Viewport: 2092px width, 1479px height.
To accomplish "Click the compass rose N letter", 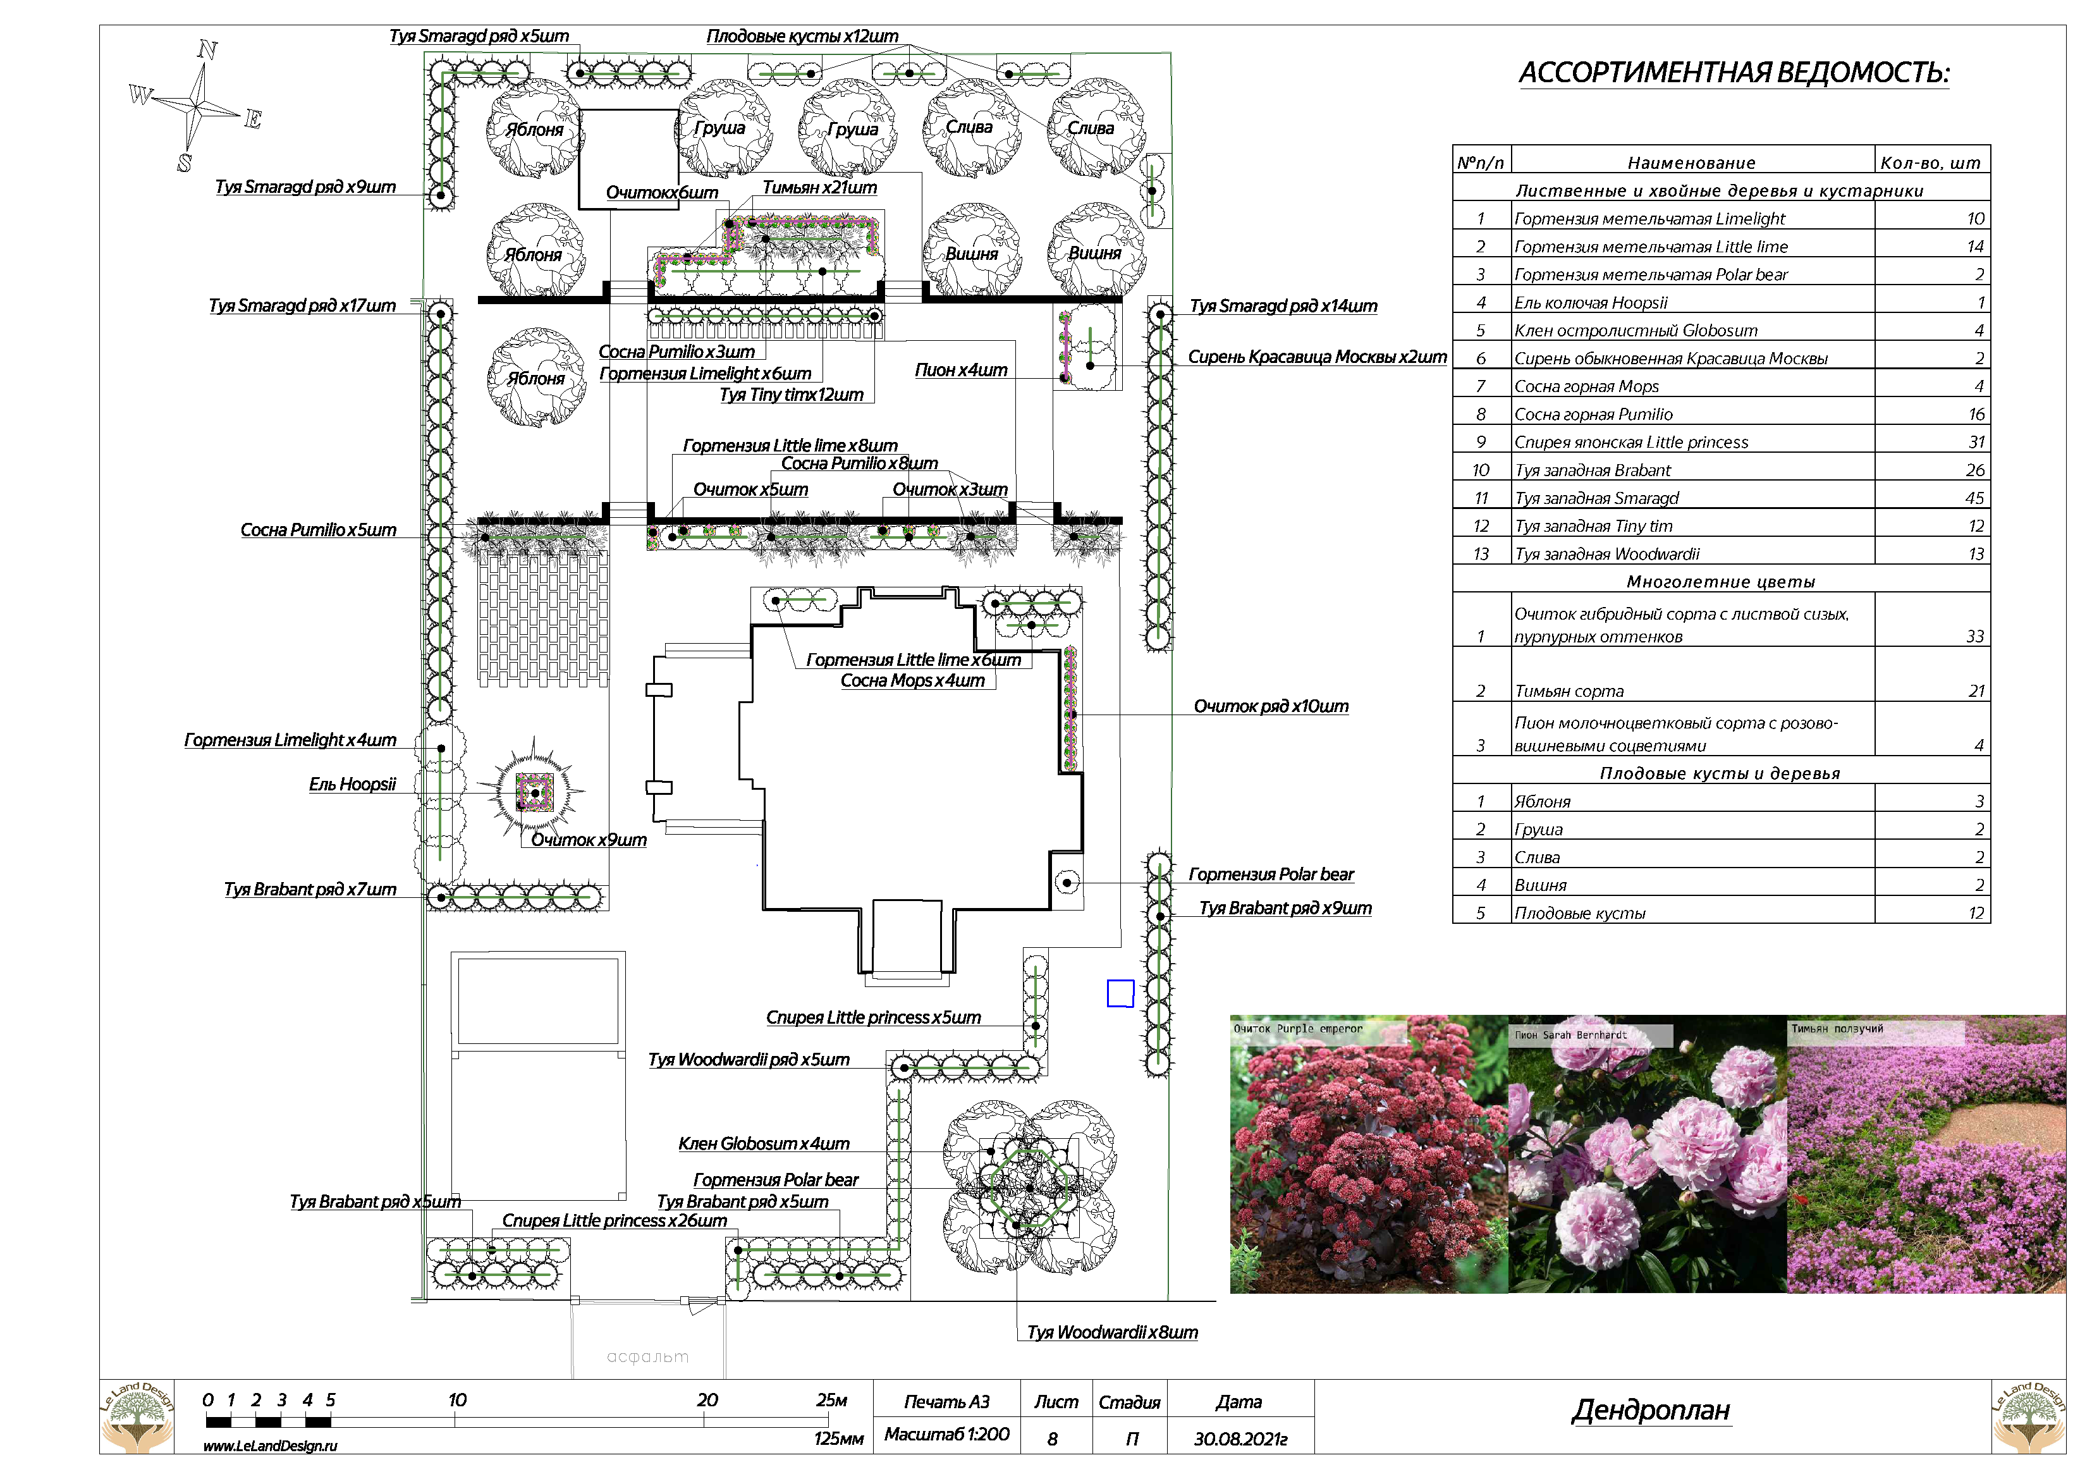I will [208, 49].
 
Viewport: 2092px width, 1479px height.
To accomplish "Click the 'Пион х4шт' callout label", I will [960, 370].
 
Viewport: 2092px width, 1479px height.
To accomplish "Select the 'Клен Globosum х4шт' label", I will [764, 1144].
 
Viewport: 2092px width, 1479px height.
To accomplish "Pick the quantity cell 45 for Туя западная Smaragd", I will [1974, 498].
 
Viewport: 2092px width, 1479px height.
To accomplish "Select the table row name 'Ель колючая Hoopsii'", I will [1590, 302].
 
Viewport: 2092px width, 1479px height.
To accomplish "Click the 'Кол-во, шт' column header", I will [1930, 163].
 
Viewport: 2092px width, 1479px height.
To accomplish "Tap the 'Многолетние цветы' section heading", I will [1720, 581].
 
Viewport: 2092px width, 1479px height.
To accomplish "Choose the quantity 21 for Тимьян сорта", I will [1976, 690].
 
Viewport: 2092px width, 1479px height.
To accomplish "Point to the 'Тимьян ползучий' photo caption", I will [1836, 1029].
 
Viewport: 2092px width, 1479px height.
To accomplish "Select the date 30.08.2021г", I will [1240, 1439].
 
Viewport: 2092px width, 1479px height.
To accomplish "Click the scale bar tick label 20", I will [707, 1400].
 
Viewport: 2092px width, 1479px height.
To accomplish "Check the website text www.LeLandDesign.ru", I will [270, 1446].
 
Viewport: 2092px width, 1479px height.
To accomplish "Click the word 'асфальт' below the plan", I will [648, 1357].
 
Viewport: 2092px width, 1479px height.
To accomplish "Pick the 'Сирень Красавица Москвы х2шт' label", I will [1317, 357].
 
